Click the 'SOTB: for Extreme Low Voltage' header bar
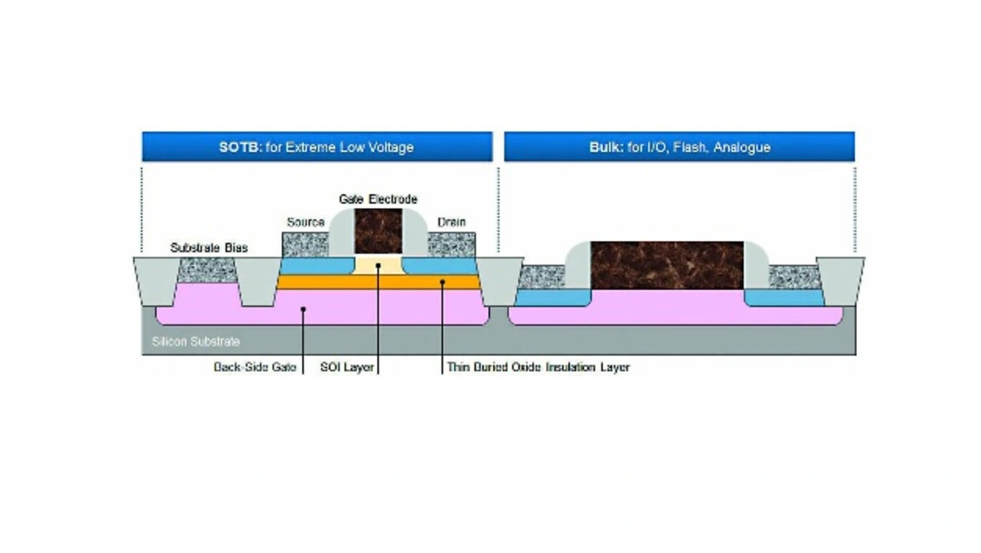click(317, 146)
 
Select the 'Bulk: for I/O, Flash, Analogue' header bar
click(679, 146)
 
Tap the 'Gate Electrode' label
click(378, 199)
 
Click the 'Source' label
click(306, 222)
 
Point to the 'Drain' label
click(451, 222)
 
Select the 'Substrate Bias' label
click(209, 248)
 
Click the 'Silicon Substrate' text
click(195, 341)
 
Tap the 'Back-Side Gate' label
click(255, 367)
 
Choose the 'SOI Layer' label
click(347, 367)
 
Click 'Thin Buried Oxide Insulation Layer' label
click(538, 367)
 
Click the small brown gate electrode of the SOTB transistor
click(379, 231)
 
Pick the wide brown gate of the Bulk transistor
click(667, 265)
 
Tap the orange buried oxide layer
click(379, 282)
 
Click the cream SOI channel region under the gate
click(379, 266)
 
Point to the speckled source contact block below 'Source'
click(305, 245)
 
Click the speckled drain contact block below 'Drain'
click(451, 245)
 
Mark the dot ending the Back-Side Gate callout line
click(303, 309)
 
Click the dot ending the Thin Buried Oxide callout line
click(442, 282)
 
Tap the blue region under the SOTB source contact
click(317, 266)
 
